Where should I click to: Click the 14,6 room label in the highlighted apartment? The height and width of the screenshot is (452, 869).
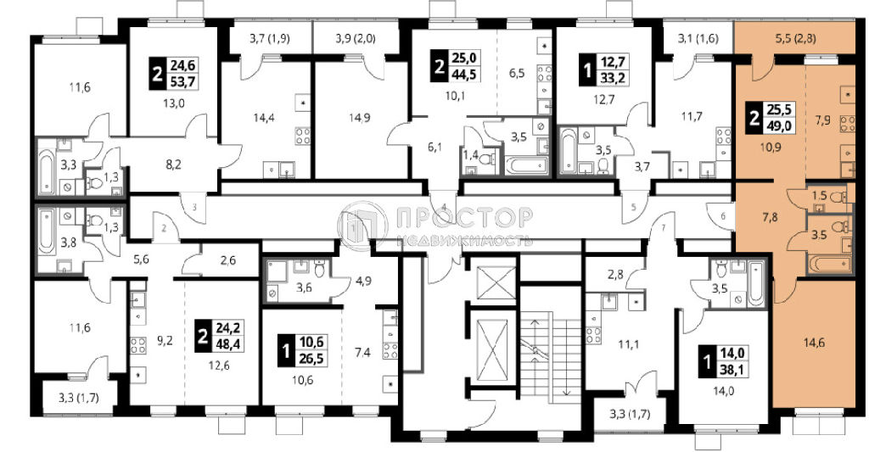[814, 343]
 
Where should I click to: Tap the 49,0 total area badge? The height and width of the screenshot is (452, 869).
[778, 126]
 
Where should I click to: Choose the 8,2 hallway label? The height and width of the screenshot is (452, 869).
[173, 164]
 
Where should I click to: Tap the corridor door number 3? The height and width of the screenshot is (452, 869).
[194, 207]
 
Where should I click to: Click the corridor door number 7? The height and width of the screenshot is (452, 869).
[663, 228]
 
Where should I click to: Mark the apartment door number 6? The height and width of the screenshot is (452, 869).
[723, 216]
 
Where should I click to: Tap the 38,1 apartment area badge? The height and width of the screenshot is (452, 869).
[732, 367]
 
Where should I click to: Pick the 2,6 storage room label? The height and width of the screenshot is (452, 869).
[227, 259]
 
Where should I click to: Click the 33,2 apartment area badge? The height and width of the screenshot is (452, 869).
[613, 78]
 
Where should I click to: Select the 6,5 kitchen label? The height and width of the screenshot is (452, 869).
[517, 73]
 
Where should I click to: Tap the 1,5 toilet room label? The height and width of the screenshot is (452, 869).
[820, 195]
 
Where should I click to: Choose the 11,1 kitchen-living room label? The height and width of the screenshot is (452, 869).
[629, 344]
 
